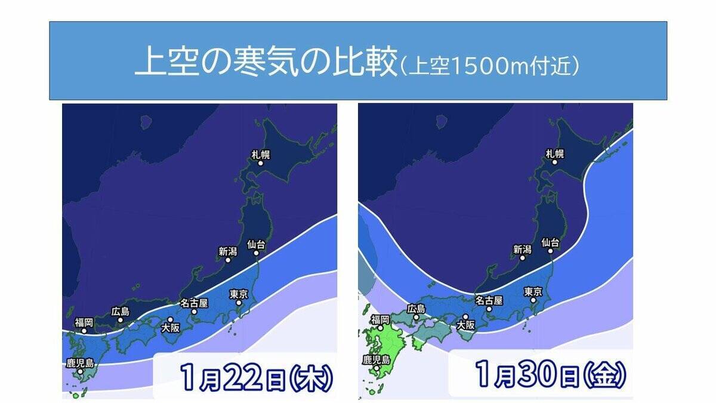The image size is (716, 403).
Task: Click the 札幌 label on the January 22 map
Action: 261,155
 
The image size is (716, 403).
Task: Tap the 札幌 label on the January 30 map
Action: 554,154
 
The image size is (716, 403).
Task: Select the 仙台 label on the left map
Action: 256,244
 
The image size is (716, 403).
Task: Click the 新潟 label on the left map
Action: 227,251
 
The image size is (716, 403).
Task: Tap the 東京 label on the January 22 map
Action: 238,294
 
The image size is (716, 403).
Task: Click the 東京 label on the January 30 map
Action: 532,292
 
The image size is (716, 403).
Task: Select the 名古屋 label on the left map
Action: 195,303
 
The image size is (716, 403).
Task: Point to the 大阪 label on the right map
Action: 465,325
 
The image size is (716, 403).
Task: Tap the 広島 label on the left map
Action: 121,311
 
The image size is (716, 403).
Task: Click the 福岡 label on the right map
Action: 380,319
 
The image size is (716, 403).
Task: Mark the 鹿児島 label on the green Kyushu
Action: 376,359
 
